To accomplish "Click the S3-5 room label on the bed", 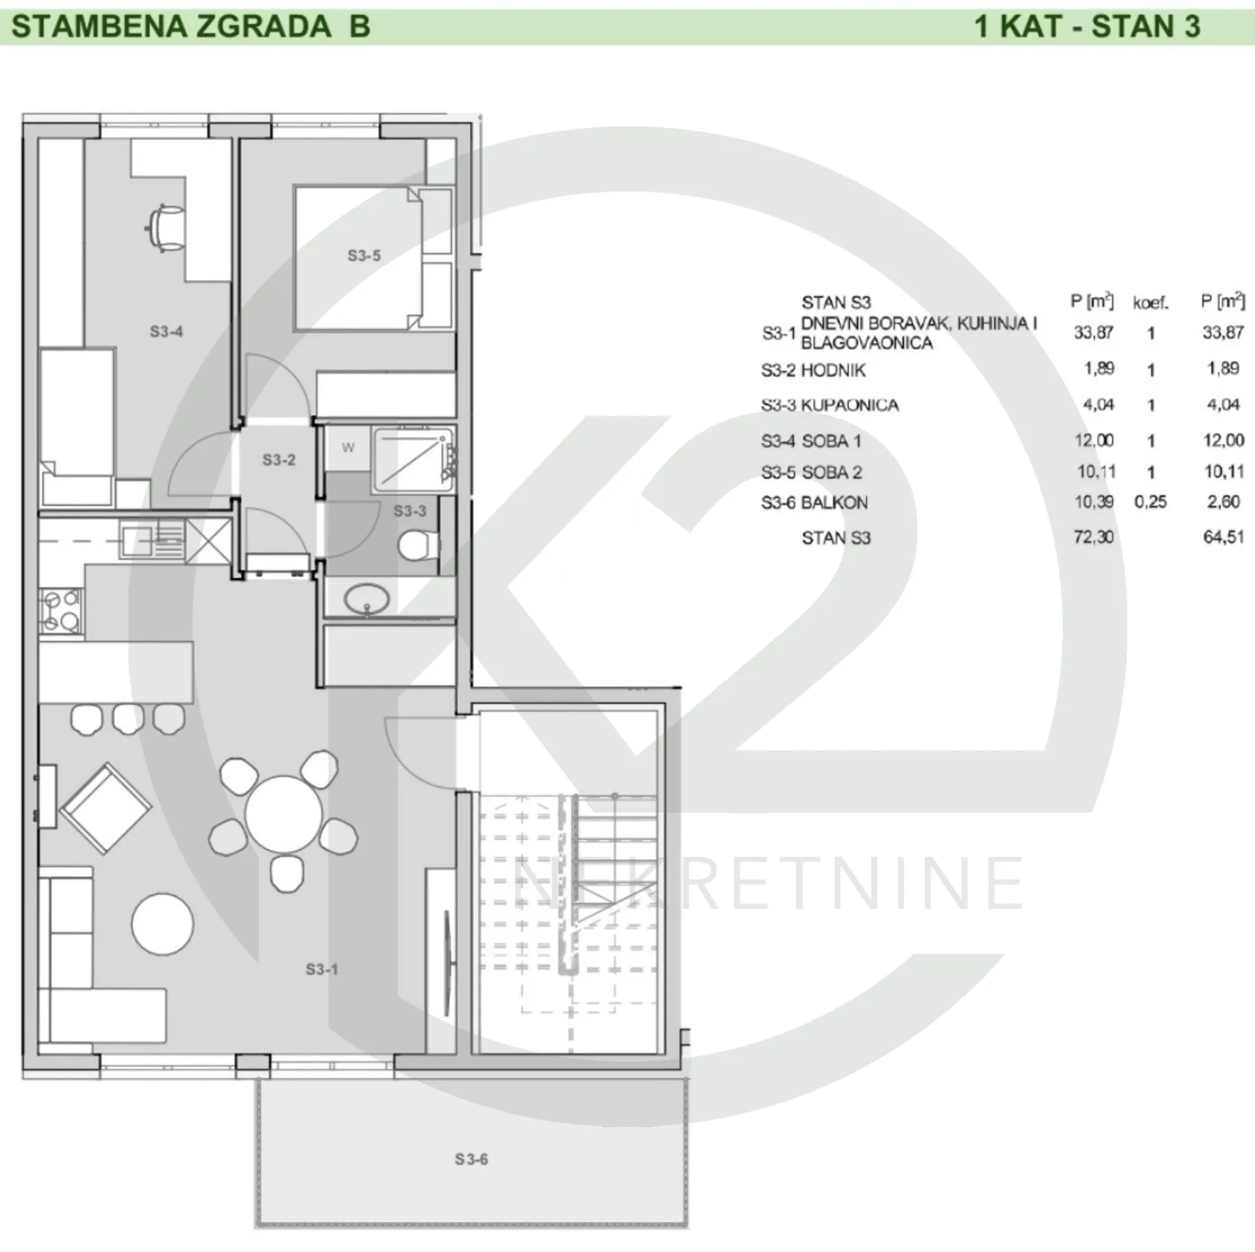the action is [x=363, y=256].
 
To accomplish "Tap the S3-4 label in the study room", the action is [x=166, y=331].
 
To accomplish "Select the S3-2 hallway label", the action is [x=278, y=460].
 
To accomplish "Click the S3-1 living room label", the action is [x=322, y=970].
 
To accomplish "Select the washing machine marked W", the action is [x=348, y=448].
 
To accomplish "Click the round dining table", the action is [x=284, y=814].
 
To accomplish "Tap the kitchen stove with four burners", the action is [x=61, y=611].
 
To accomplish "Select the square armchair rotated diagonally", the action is [x=105, y=808].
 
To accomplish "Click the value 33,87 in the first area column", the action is [x=1094, y=333].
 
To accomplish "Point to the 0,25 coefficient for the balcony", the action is [x=1150, y=502].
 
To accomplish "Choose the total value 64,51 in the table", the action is [x=1223, y=537].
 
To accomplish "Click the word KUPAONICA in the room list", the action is [x=850, y=405].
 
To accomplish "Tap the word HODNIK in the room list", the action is [x=833, y=371].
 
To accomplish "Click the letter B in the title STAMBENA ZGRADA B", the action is [x=360, y=27].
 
